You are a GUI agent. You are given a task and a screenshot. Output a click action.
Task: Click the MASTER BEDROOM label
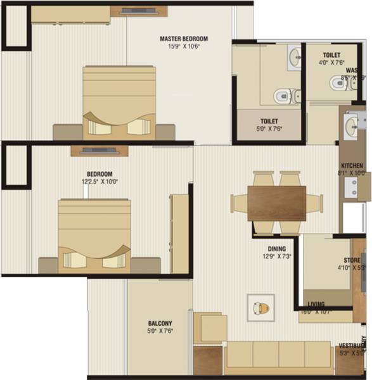184,39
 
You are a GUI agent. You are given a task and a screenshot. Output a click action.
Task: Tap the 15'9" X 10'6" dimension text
184,46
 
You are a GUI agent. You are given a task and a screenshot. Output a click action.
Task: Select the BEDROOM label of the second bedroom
99,174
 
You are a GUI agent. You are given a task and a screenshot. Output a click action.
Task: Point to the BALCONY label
159,324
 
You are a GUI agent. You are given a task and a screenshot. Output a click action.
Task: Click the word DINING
276,249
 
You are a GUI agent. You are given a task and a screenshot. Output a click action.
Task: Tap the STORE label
352,260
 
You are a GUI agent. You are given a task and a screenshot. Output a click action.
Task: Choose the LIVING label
316,304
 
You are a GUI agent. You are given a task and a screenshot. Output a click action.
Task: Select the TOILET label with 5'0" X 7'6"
269,120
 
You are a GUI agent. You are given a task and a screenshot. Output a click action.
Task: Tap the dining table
276,203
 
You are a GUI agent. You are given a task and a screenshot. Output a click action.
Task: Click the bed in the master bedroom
120,101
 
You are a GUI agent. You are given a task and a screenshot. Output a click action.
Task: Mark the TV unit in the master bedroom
134,11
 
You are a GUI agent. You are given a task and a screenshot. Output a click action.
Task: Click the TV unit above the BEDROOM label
99,151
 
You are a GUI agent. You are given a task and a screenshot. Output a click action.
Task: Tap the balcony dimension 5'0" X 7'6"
159,331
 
